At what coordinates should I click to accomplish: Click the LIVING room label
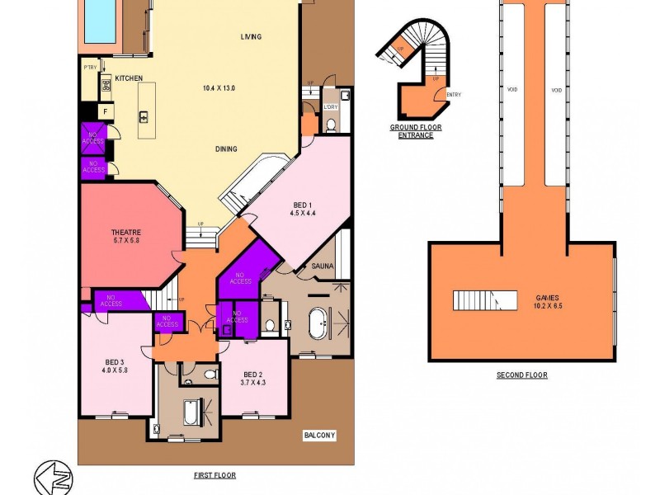(x=251, y=37)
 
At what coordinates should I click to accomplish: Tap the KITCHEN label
(x=129, y=78)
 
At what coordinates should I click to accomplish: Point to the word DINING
(x=226, y=149)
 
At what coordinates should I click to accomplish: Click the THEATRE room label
(x=127, y=233)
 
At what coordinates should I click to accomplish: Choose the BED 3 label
(x=114, y=362)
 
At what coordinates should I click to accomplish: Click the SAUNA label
(x=321, y=266)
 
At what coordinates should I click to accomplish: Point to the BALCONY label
(x=319, y=435)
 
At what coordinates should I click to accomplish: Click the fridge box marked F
(x=105, y=111)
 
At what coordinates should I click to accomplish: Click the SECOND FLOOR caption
(x=521, y=375)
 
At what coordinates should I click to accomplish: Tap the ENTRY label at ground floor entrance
(x=453, y=95)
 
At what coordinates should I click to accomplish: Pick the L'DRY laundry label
(x=331, y=107)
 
